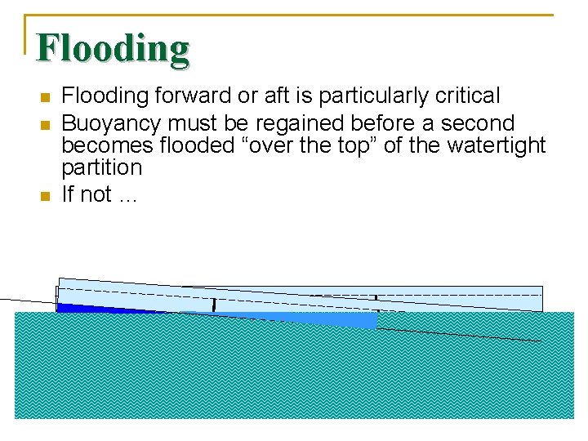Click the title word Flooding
[x=113, y=49]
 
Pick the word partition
[x=102, y=168]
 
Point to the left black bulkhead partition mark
[x=214, y=305]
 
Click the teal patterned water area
[x=294, y=376]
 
